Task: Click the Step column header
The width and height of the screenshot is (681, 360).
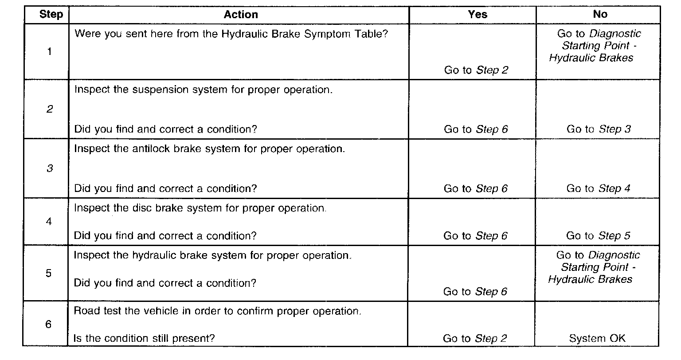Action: tap(51, 15)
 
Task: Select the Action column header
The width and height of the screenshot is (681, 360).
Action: tap(241, 15)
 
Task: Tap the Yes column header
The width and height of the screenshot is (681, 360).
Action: tap(477, 15)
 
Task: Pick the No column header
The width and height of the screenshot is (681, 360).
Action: tap(600, 15)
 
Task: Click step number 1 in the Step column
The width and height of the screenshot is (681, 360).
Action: tap(49, 51)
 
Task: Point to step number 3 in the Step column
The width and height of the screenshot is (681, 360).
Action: tap(49, 168)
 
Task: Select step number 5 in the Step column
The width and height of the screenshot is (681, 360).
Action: tap(49, 273)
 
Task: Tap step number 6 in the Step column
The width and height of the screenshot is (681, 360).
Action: tap(49, 325)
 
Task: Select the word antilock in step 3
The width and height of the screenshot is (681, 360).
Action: tap(148, 149)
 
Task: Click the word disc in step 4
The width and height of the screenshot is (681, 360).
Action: tap(143, 208)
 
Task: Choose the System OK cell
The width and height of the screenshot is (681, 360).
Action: tap(597, 339)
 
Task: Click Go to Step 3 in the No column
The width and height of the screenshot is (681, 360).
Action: tap(599, 129)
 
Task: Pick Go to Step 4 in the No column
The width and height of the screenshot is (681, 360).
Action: tap(598, 188)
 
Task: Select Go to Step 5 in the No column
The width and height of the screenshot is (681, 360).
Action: tap(598, 236)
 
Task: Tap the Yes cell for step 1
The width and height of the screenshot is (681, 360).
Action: tap(476, 70)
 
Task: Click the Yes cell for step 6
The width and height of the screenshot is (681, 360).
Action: tap(475, 339)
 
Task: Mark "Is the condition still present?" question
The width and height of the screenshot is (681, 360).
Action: tap(144, 339)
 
